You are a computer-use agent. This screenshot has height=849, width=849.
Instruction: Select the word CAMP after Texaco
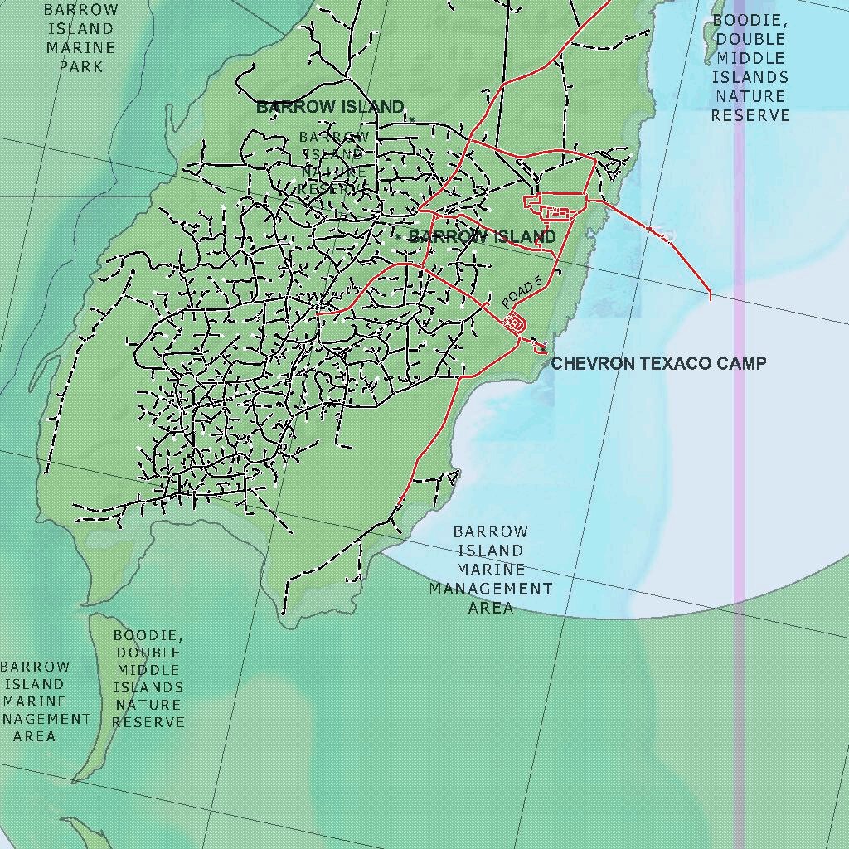point(742,363)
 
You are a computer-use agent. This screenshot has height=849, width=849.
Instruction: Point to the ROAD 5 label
point(522,293)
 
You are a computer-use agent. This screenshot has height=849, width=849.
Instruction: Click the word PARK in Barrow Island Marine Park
point(81,66)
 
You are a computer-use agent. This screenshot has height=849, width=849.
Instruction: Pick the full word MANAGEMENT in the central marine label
point(491,589)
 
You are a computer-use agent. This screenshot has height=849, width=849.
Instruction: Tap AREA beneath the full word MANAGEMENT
point(491,608)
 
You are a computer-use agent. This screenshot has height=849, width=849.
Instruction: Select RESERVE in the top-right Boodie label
point(750,115)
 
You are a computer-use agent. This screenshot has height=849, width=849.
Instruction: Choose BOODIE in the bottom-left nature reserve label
point(148,635)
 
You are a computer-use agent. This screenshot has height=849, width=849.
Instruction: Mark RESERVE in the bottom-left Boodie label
point(148,722)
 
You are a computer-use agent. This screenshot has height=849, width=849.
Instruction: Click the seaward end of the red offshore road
point(711,297)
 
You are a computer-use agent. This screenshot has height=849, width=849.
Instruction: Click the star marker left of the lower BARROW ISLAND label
point(399,237)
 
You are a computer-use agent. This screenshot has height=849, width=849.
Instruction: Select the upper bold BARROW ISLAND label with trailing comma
point(330,107)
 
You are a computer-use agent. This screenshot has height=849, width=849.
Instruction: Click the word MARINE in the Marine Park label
point(81,47)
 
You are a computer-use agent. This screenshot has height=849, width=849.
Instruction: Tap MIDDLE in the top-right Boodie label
point(750,58)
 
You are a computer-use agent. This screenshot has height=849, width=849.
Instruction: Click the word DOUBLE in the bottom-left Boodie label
point(148,653)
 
